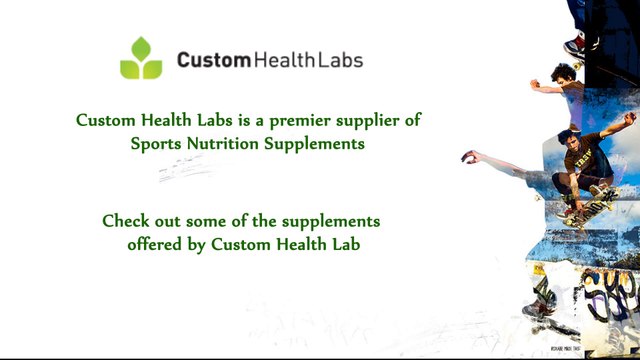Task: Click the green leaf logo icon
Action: tap(141, 59)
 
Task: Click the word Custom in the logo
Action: tap(213, 60)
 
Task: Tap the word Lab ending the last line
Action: tap(343, 243)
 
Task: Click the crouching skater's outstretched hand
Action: tap(468, 156)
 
